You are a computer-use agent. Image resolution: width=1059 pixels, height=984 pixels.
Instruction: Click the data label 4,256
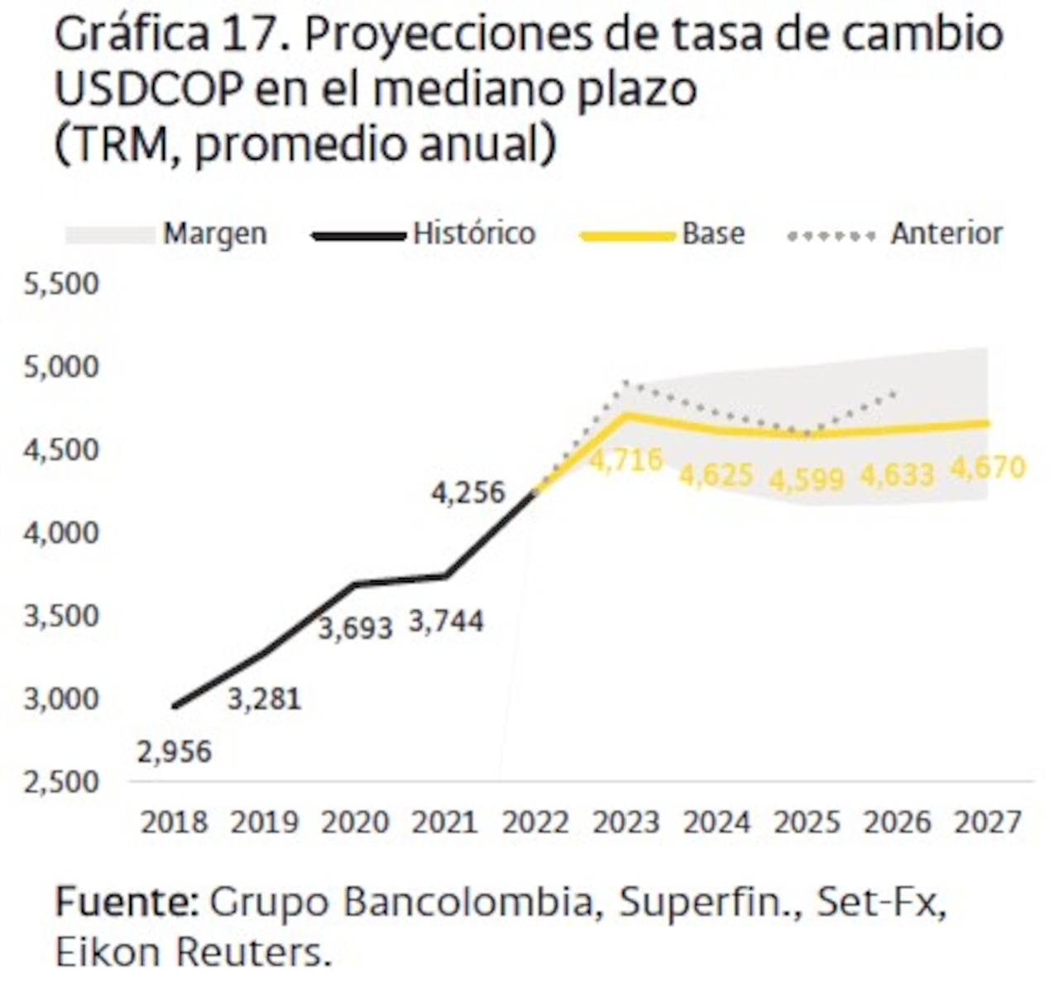[467, 492]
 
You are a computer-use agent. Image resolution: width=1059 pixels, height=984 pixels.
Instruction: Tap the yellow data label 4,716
[626, 459]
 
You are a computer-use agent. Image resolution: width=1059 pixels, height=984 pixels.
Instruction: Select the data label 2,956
[175, 751]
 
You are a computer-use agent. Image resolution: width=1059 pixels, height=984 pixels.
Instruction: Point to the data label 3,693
[356, 628]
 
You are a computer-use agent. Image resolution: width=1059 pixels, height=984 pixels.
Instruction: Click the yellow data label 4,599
[807, 480]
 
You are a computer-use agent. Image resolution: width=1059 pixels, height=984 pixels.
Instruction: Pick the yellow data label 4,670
[988, 468]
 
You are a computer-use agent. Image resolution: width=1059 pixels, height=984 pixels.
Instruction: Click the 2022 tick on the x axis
[536, 823]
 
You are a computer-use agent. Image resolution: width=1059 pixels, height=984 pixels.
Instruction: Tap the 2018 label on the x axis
[174, 823]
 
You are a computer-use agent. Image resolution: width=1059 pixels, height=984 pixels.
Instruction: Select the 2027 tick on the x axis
[988, 823]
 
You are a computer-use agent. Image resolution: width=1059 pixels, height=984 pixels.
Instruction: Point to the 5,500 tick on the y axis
[62, 284]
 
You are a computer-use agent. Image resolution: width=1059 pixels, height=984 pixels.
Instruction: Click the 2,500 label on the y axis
[62, 782]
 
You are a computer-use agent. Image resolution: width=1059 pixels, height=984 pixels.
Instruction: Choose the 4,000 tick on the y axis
[62, 533]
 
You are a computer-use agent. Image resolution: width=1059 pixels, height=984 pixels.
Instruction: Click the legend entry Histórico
[474, 233]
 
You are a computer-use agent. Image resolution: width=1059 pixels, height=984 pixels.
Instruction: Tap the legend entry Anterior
[946, 233]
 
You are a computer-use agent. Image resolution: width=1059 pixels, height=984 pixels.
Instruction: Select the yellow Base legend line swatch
[628, 236]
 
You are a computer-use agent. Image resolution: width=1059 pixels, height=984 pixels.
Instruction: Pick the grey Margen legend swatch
[110, 235]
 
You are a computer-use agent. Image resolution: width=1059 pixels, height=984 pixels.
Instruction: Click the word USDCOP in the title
[148, 89]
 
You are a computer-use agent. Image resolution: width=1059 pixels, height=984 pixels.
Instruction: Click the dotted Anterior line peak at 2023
[626, 382]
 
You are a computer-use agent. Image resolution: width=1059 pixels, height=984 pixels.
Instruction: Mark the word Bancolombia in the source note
[468, 901]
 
